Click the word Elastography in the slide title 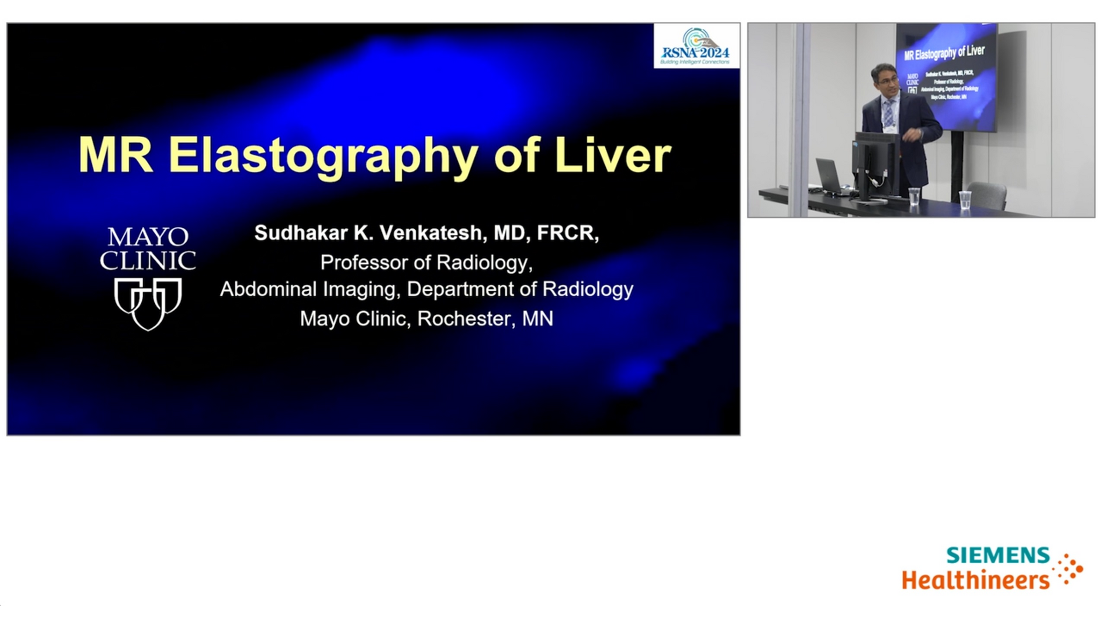coord(322,156)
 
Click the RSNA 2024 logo coord(696,46)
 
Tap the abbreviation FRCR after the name coord(566,233)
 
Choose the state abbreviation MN coord(537,319)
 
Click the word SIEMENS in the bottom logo coord(997,556)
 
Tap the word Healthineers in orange coord(975,580)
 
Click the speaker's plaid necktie coord(888,113)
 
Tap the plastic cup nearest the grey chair coord(965,199)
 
